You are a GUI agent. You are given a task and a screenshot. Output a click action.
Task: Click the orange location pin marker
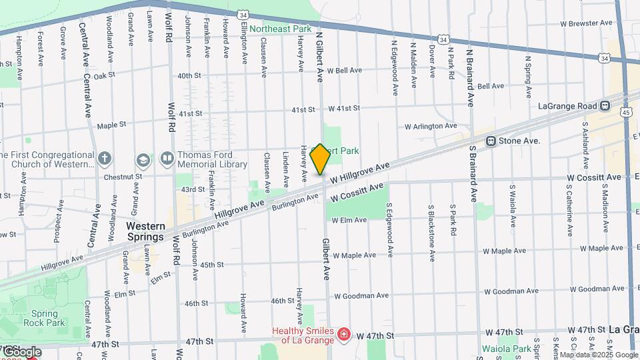pyautogui.click(x=320, y=159)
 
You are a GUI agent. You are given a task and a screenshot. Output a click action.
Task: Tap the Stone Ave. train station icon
pyautogui.click(x=491, y=141)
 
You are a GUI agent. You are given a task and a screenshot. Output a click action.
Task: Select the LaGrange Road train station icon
pyautogui.click(x=605, y=106)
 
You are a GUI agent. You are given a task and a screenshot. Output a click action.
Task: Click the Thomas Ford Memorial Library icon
pyautogui.click(x=167, y=159)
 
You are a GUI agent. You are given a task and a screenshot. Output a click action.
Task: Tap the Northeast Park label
pyautogui.click(x=281, y=29)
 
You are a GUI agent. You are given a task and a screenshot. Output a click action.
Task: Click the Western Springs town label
pyautogui.click(x=145, y=232)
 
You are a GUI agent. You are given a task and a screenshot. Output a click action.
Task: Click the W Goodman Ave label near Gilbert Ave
pyautogui.click(x=361, y=295)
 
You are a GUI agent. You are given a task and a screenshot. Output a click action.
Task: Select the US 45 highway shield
pyautogui.click(x=626, y=113)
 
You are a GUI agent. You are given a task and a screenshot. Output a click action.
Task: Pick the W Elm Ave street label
pyautogui.click(x=349, y=220)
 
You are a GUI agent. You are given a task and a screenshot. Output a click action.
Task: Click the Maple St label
pyautogui.click(x=111, y=125)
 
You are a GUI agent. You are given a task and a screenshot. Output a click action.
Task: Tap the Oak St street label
pyautogui.click(x=105, y=76)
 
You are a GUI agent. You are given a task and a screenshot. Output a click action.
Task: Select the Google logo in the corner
pyautogui.click(x=21, y=351)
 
